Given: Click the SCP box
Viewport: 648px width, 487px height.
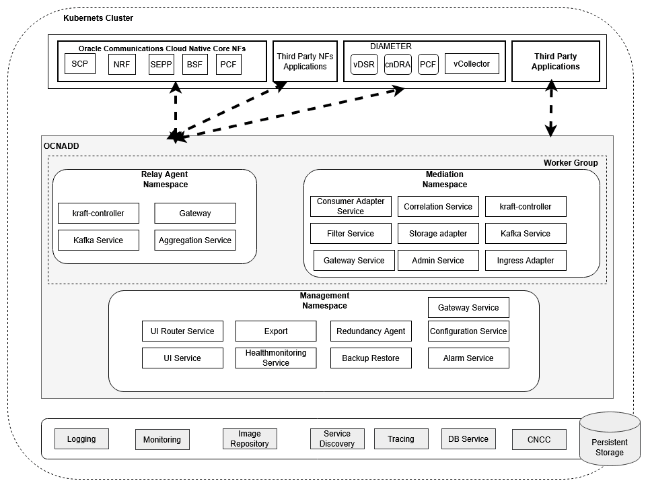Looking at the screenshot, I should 80,64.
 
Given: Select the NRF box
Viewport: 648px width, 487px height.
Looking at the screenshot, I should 122,65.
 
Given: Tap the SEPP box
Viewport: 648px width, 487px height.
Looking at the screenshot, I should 161,65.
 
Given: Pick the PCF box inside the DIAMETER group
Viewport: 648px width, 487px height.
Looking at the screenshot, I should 428,65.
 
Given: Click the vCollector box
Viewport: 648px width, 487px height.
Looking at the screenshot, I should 472,64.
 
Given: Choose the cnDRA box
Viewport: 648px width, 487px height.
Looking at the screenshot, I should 398,65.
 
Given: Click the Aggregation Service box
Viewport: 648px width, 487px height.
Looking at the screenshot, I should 195,240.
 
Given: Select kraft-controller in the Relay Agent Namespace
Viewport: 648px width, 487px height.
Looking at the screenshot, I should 98,214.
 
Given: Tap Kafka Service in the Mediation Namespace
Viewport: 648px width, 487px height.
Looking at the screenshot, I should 526,234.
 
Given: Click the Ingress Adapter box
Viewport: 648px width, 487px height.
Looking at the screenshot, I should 526,261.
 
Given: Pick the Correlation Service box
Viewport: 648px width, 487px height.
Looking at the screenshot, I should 438,207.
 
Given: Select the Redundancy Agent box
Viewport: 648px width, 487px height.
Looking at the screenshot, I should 371,331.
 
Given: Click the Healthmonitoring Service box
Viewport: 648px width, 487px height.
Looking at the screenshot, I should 276,358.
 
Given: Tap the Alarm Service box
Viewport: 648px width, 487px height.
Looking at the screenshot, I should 468,358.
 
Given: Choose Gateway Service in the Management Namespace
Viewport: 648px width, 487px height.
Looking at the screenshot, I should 468,308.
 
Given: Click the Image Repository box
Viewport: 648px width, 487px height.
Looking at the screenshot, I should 249,439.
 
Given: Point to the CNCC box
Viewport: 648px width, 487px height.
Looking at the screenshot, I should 539,440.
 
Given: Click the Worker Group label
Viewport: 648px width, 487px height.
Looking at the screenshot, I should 570,163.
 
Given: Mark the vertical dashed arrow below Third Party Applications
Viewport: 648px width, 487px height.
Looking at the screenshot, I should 551,108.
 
